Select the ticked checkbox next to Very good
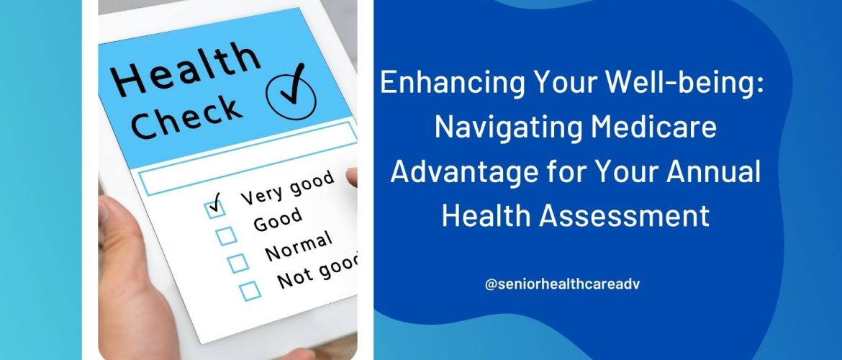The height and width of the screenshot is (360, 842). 214,207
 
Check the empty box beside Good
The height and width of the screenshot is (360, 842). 225,236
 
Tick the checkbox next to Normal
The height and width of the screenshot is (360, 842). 237,264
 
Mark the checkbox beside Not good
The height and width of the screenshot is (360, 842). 250,291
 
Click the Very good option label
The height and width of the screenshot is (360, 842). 288,189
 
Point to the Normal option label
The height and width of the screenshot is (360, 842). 299,246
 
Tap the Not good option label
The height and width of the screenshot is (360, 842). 317,271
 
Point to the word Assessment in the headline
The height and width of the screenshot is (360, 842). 625,216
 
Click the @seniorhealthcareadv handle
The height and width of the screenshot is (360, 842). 562,285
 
